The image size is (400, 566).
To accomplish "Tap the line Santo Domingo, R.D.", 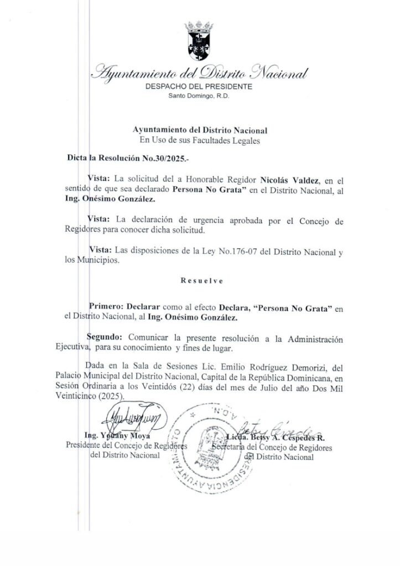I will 200,96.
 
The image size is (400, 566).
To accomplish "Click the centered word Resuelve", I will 201,281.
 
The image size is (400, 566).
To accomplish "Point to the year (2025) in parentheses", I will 115,397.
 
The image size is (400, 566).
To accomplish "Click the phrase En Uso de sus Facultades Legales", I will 200,140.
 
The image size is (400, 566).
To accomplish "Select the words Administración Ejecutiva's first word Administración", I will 314,337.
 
